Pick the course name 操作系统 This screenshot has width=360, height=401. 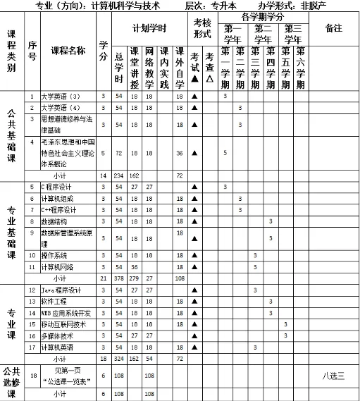click(x=54, y=255)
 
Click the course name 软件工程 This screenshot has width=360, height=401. click(x=54, y=301)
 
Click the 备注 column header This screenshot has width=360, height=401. click(x=334, y=28)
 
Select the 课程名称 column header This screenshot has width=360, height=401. click(x=68, y=51)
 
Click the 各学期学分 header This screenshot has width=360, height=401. click(x=263, y=16)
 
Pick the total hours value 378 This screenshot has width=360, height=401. click(x=118, y=278)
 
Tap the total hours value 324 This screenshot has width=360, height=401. click(x=118, y=359)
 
